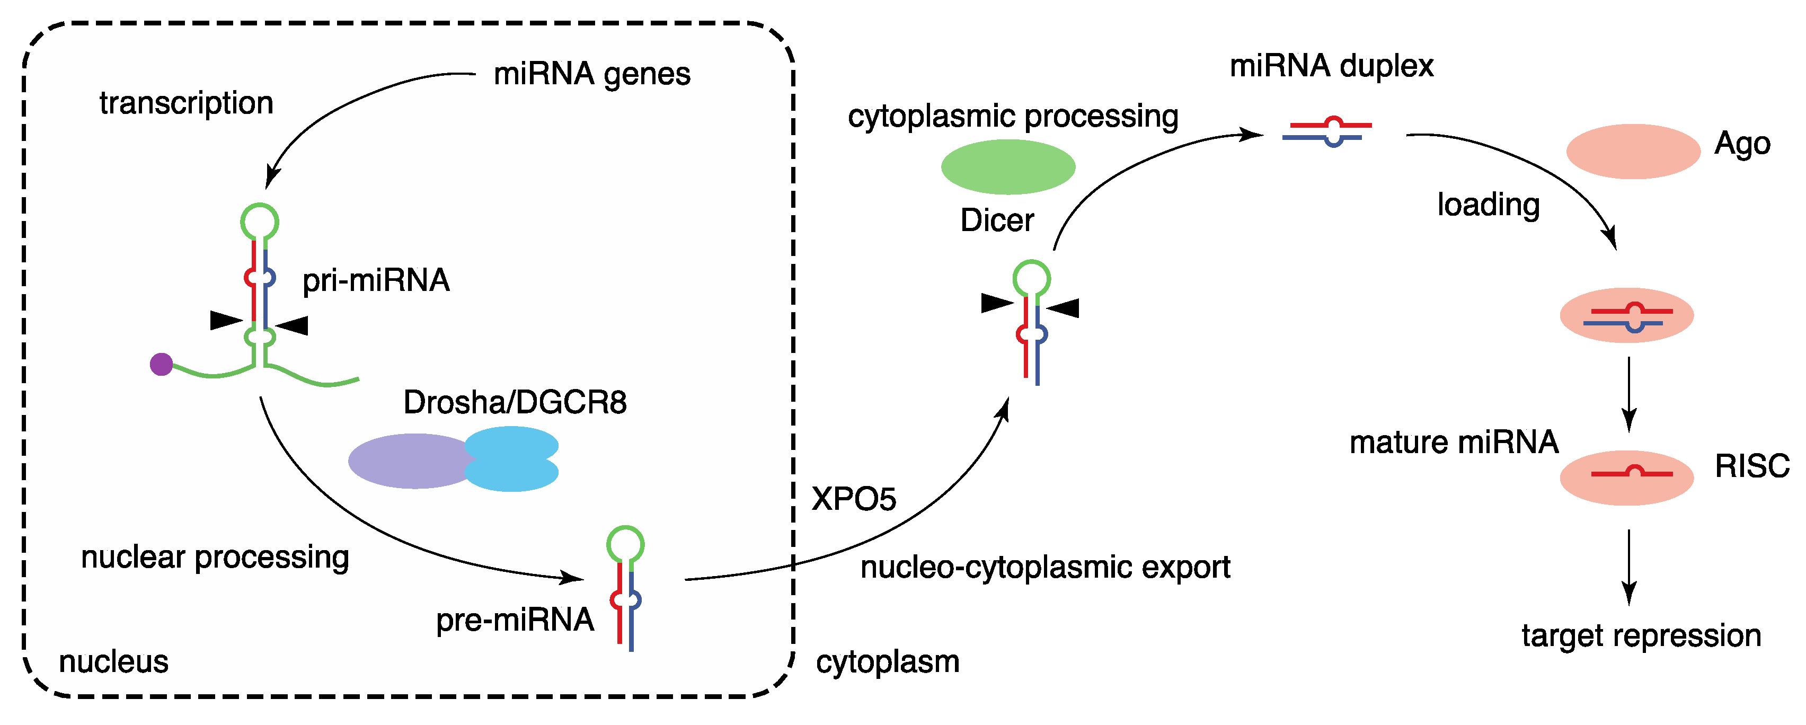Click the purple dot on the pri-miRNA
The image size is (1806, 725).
161,364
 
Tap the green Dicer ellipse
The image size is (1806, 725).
1007,167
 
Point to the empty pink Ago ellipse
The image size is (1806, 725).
1633,152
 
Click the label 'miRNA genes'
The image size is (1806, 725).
592,74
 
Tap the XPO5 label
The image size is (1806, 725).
853,499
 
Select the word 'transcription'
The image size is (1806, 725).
186,103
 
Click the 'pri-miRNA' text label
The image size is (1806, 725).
376,280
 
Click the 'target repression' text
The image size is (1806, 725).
1641,635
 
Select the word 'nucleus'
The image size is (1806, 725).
113,661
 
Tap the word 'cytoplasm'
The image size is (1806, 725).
887,661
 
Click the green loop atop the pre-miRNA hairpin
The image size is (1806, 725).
625,545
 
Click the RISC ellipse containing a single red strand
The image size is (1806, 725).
1626,478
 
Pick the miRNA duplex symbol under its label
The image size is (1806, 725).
1326,131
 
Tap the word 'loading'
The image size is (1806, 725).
1488,205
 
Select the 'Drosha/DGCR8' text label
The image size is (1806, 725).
515,402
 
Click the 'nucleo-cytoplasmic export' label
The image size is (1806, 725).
1044,567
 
